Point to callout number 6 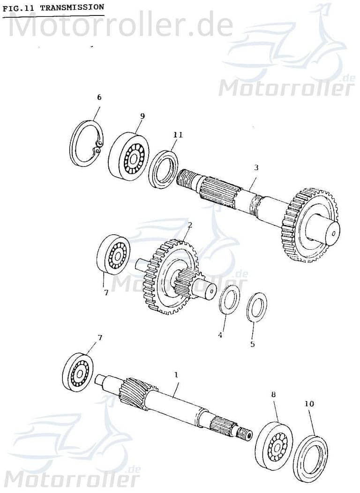pos(99,97)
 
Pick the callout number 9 pos(142,116)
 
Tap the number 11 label pos(177,135)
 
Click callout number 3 pos(256,167)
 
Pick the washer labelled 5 pos(256,307)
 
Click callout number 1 pos(176,375)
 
